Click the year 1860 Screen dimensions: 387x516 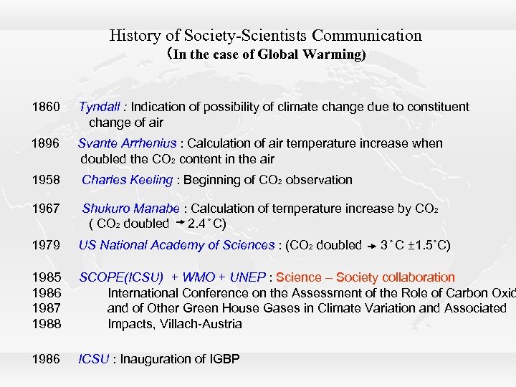[46, 107]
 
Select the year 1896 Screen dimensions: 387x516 [46, 144]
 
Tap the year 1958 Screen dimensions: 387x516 [46, 181]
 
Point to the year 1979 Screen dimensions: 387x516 [46, 246]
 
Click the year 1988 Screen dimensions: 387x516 [46, 324]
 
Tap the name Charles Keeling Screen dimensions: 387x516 [127, 181]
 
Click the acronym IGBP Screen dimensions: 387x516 [226, 359]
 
